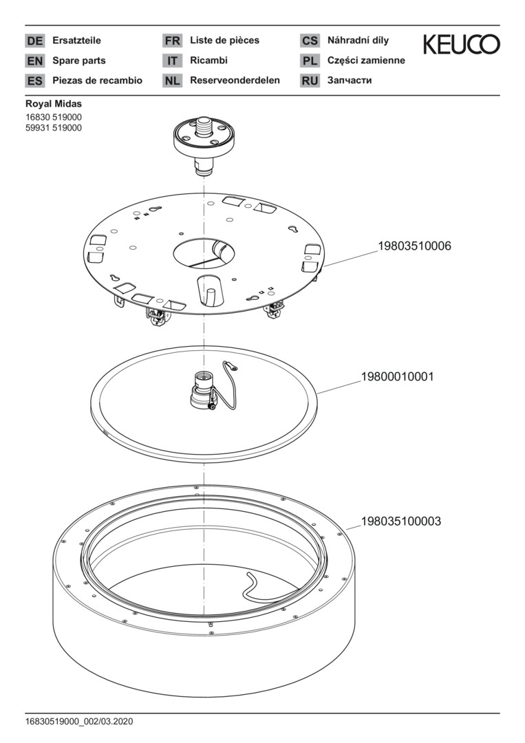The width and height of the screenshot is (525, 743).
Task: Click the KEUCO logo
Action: point(461,45)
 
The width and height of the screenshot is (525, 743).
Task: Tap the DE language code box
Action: point(34,41)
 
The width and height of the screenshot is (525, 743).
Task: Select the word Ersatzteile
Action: point(76,41)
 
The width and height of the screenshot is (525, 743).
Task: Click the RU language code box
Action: point(310,80)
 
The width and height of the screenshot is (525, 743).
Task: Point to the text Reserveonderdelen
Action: point(235,80)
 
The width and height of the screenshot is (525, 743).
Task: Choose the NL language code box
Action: point(172,80)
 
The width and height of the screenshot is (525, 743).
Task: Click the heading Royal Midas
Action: point(54,104)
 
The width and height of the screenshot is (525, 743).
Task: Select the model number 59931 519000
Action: point(54,128)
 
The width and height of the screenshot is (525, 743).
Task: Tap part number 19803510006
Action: point(414,246)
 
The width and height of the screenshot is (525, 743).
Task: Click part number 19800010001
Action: point(397,377)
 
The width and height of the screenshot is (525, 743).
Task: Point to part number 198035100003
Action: point(400,521)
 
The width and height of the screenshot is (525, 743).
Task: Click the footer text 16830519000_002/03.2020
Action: point(79,722)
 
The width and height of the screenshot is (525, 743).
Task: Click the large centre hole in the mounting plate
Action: point(204,252)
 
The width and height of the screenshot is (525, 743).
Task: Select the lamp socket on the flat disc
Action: point(202,392)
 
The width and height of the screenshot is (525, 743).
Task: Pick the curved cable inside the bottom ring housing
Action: point(249,587)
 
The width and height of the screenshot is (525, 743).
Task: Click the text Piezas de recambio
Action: point(97,80)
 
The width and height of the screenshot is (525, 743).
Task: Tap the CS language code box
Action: point(310,41)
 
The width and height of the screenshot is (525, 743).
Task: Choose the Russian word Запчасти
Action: point(350,80)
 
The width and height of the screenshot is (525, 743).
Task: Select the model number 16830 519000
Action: point(54,118)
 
